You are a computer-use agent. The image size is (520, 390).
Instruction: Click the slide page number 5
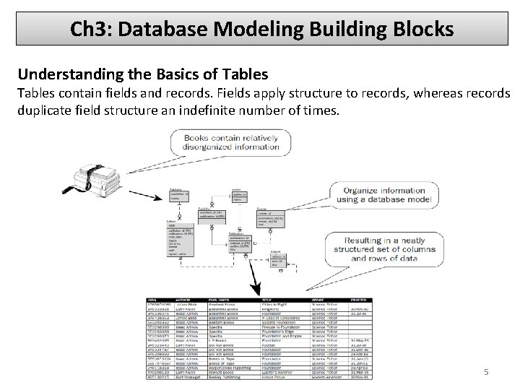[486, 372]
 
